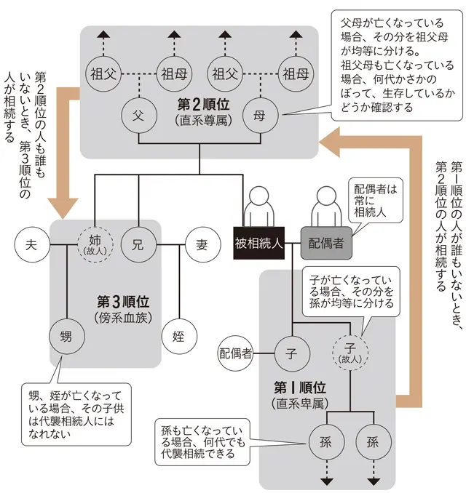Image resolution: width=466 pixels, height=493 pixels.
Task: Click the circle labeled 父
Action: tap(138, 115)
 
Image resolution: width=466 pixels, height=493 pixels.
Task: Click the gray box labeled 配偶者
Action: tap(326, 244)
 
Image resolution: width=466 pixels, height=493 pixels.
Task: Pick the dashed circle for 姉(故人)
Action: tap(96, 243)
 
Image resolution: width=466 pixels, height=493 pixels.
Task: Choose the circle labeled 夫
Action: tap(31, 243)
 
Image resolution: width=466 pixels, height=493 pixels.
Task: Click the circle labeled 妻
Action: tap(202, 244)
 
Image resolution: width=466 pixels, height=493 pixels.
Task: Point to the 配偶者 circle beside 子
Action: tap(236, 354)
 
